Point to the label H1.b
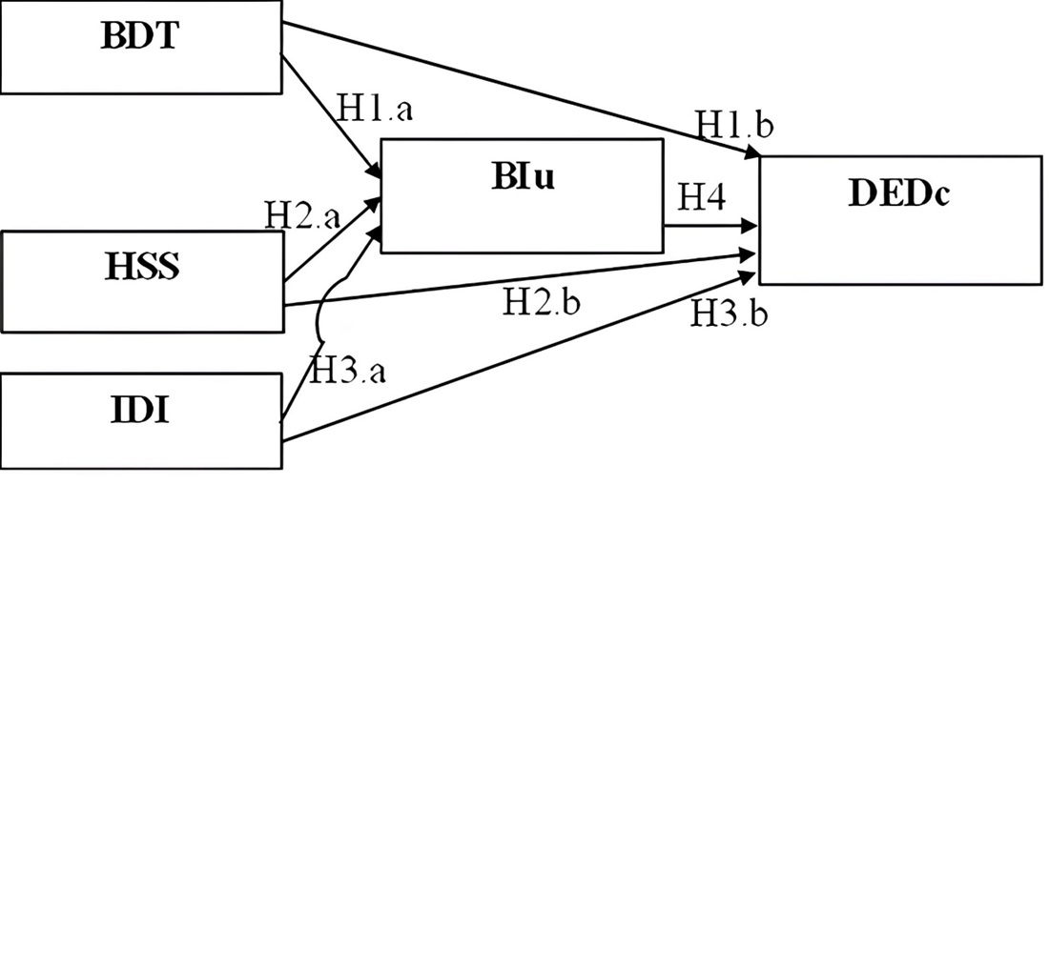point(733,125)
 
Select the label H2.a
point(302,216)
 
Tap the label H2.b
point(542,303)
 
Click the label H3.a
point(349,370)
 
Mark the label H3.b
point(730,313)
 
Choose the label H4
point(702,198)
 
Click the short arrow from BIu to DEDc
point(710,226)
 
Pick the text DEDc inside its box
point(899,193)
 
